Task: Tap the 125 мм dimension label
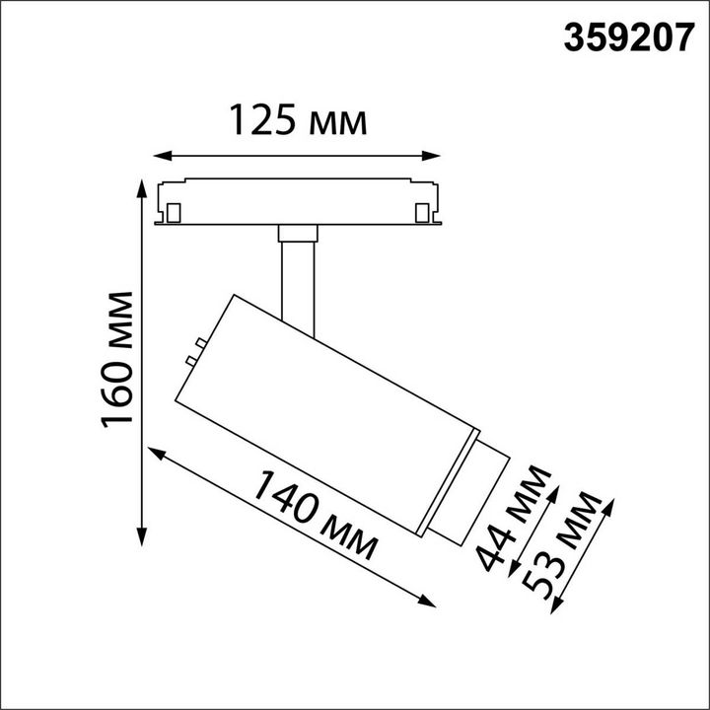(x=298, y=120)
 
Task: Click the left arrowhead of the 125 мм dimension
(x=161, y=155)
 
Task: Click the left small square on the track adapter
(x=174, y=212)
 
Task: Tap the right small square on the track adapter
(x=422, y=212)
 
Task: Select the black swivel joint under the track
(x=297, y=233)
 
